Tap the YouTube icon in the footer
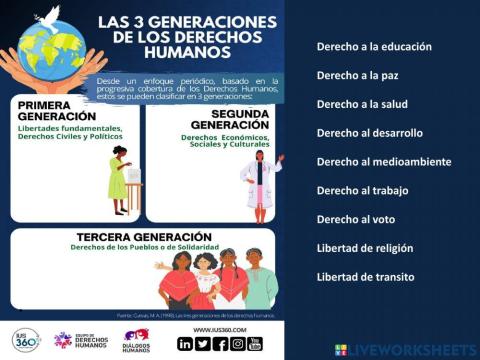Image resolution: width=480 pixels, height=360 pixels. point(254,343)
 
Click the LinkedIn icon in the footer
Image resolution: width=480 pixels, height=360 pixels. point(185,343)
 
